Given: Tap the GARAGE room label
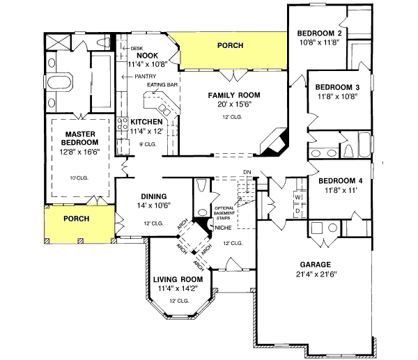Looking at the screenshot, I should (x=316, y=264).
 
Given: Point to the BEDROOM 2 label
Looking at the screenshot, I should (x=318, y=33).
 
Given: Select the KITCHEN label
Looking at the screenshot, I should (x=146, y=122).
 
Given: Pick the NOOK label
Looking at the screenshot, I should (x=147, y=56).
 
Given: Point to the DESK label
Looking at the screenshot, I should (x=137, y=48).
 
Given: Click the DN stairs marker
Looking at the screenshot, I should (x=246, y=172).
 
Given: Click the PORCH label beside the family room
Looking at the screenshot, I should (x=230, y=45).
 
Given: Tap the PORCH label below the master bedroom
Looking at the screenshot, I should (x=77, y=217).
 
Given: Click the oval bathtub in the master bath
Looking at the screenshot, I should (x=59, y=84).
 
